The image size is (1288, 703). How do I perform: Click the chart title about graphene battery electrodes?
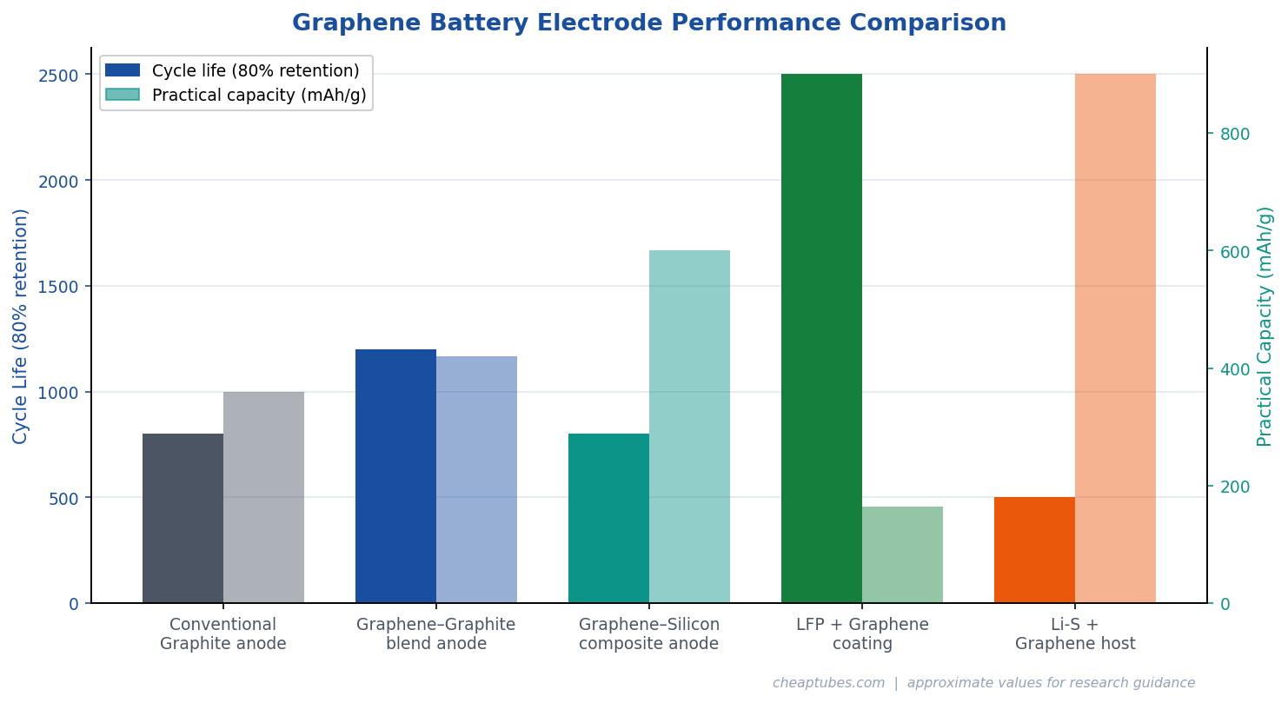click(648, 23)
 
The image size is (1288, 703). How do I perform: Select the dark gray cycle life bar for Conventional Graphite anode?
click(183, 518)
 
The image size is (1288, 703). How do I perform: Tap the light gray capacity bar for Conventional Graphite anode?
click(263, 497)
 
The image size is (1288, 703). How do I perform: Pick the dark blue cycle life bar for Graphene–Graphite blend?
click(395, 476)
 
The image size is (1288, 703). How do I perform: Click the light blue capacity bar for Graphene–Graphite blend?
click(476, 480)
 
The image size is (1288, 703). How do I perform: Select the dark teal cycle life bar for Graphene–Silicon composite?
click(608, 518)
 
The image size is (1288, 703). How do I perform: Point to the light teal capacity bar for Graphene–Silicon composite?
click(689, 427)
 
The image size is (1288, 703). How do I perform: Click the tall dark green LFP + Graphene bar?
click(821, 339)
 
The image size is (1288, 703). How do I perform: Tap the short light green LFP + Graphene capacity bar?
click(902, 554)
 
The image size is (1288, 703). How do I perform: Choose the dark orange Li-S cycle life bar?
click(1034, 550)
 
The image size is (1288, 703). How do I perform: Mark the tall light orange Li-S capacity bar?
click(1115, 339)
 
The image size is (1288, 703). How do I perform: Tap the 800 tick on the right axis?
click(1234, 134)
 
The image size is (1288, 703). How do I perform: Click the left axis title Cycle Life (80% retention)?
click(21, 326)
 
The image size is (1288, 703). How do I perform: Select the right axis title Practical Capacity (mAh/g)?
click(1265, 326)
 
